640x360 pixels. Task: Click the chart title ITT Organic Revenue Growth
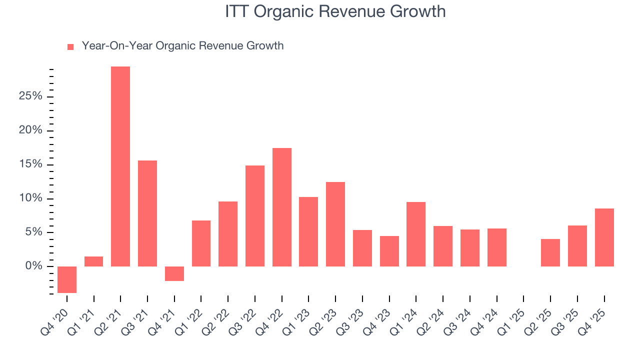[x=335, y=11]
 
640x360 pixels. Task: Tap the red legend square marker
[x=70, y=46]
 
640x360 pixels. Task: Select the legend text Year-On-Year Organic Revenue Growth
[x=182, y=46]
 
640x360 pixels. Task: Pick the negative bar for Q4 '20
[x=67, y=279]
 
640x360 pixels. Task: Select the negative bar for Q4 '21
[x=174, y=273]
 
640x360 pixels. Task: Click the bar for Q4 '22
[x=282, y=207]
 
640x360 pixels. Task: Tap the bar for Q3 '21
[x=147, y=213]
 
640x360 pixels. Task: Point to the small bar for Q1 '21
[x=94, y=261]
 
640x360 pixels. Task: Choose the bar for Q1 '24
[x=416, y=234]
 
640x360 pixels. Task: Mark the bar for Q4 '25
[x=604, y=237]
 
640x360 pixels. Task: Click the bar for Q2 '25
[x=550, y=252]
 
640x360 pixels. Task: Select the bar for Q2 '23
[x=335, y=224]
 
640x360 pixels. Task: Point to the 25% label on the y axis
[x=30, y=96]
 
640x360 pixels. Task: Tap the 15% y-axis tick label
[x=30, y=164]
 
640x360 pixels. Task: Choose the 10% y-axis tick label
[x=30, y=198]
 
